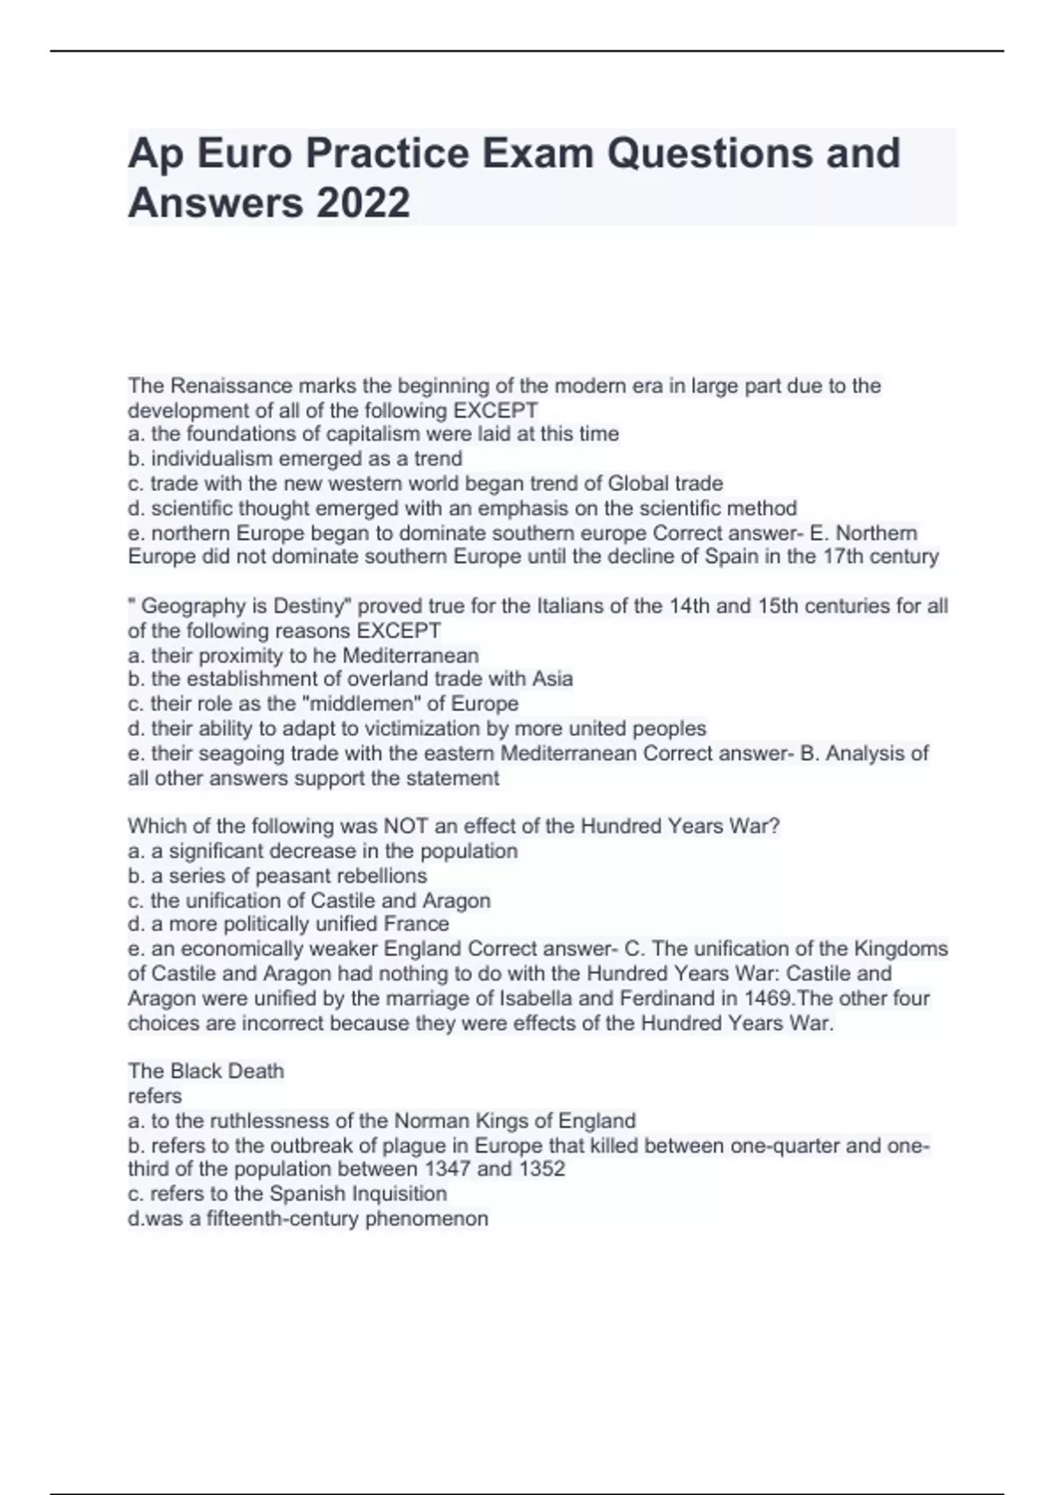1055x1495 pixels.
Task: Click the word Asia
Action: coord(552,679)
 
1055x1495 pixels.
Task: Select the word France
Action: coord(417,924)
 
